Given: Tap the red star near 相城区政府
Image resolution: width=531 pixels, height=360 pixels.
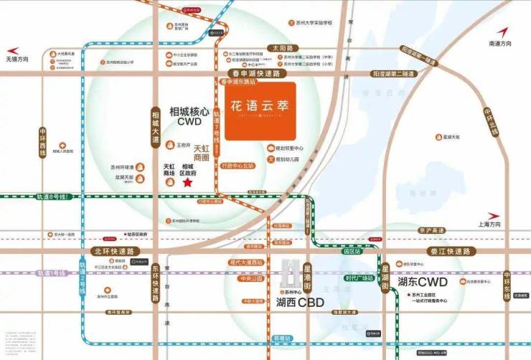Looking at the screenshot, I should pyautogui.click(x=188, y=184).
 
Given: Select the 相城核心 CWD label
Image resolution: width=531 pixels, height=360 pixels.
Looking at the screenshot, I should pyautogui.click(x=189, y=118).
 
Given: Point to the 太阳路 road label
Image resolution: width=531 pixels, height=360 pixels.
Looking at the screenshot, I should pyautogui.click(x=279, y=48).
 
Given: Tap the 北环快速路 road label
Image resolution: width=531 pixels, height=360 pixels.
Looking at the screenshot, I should pyautogui.click(x=114, y=251).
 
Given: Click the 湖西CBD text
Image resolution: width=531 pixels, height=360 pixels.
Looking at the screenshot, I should pyautogui.click(x=301, y=303).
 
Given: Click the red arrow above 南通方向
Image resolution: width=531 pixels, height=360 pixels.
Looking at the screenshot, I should pyautogui.click(x=502, y=32).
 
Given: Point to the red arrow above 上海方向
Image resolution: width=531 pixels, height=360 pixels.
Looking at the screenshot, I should pyautogui.click(x=495, y=215).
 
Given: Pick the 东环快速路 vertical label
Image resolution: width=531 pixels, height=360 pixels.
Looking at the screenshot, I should pyautogui.click(x=155, y=283).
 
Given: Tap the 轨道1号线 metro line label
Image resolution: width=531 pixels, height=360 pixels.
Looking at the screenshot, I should pyautogui.click(x=52, y=273).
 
